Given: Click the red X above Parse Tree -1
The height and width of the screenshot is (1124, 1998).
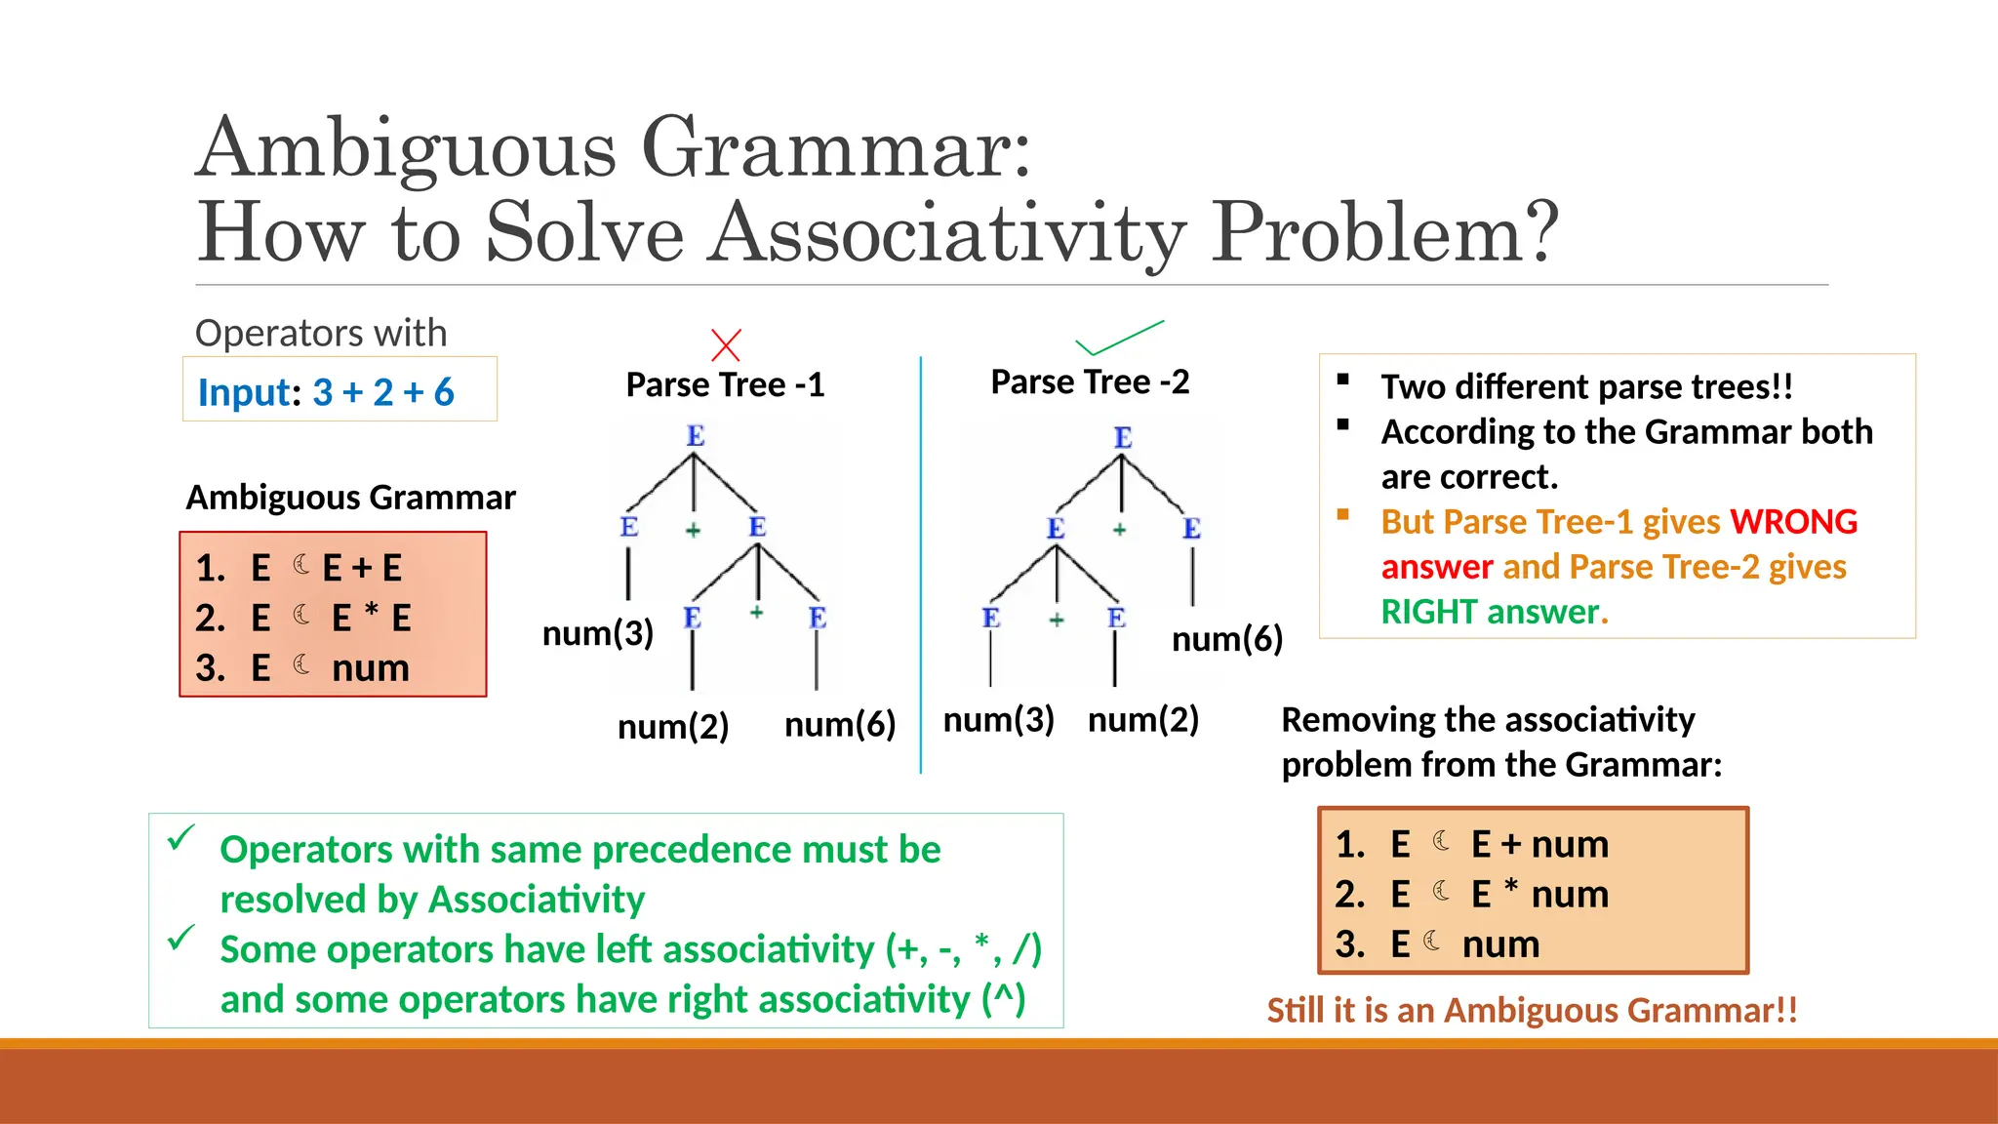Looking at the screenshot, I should [x=726, y=345].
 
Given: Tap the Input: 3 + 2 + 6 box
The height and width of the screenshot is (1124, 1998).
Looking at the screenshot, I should [x=340, y=390].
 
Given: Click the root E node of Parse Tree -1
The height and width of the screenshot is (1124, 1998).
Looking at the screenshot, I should [x=695, y=436].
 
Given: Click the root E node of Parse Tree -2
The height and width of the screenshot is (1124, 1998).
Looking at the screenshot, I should [x=1123, y=438].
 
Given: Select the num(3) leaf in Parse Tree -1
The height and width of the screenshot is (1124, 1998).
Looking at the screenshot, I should [x=597, y=634].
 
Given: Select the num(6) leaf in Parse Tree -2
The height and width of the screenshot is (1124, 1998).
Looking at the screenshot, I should [x=1226, y=639].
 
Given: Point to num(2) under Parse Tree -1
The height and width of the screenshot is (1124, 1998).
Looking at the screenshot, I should [x=673, y=727].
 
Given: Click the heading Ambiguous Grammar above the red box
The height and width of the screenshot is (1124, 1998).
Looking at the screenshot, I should [x=350, y=498].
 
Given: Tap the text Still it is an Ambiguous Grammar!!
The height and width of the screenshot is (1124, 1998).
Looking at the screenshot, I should [x=1532, y=1010].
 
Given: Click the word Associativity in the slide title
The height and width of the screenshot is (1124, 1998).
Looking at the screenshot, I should [x=945, y=233].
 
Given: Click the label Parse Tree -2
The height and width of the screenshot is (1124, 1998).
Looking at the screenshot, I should [x=1090, y=382].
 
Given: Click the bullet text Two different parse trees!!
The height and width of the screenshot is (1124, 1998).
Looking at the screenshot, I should [x=1586, y=387].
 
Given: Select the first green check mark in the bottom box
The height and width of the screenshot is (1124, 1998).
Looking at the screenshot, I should [x=181, y=837].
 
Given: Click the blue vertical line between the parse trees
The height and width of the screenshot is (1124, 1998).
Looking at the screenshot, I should [x=920, y=566].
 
